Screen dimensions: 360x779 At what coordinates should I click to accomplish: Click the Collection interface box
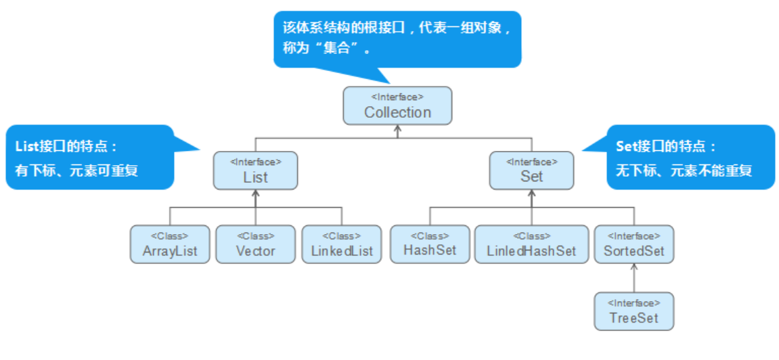pos(397,106)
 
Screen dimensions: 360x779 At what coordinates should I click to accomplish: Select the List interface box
pos(255,171)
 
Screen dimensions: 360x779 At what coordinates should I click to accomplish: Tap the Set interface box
pos(531,171)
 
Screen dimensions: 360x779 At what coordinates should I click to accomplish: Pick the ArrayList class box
pos(170,244)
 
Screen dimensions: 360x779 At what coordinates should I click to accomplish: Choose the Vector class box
pos(255,244)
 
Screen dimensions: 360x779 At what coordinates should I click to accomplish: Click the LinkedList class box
pos(342,244)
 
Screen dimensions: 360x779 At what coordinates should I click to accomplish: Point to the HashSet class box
pos(429,244)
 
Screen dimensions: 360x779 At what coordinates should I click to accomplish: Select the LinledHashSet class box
pos(531,244)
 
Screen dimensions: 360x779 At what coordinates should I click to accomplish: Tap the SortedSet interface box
pos(633,244)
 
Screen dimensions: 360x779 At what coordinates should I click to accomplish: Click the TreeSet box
pos(633,311)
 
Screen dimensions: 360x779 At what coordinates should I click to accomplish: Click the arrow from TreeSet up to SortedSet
pos(633,277)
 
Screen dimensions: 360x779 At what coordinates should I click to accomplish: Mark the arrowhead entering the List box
pos(255,194)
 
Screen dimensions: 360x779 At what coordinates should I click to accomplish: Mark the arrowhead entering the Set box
pos(531,194)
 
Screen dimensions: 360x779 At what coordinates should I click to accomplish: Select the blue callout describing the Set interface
pos(687,157)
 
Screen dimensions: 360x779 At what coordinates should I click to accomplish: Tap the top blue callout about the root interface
pos(397,39)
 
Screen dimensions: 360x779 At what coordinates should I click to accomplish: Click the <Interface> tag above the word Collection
pos(397,97)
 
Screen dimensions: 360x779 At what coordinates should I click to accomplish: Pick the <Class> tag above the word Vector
pos(255,236)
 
